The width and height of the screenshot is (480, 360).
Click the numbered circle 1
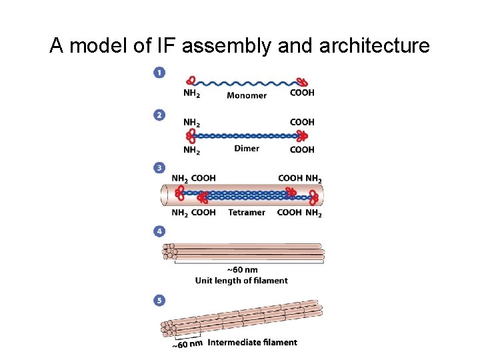coord(159,72)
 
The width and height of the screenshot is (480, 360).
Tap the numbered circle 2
coord(159,115)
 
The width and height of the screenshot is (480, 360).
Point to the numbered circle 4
coord(159,231)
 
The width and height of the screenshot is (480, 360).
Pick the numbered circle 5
coord(159,301)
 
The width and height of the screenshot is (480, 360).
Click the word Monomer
coord(246,95)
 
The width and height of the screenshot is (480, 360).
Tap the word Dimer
coord(247,149)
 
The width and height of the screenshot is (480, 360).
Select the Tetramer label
coord(246,213)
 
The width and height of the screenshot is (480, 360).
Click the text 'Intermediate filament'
coord(253,343)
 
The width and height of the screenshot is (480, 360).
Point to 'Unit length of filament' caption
coord(241,281)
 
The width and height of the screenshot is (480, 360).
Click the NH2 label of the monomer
coord(191,93)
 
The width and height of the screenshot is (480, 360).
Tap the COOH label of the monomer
coord(302,93)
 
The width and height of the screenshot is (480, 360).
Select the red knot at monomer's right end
coord(302,83)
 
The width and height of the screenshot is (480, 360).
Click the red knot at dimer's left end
coord(191,136)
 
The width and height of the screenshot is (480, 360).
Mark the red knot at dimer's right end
coord(302,136)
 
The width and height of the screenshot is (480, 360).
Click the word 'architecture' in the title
coord(375,45)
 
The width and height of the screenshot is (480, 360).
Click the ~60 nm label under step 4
coord(242,270)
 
